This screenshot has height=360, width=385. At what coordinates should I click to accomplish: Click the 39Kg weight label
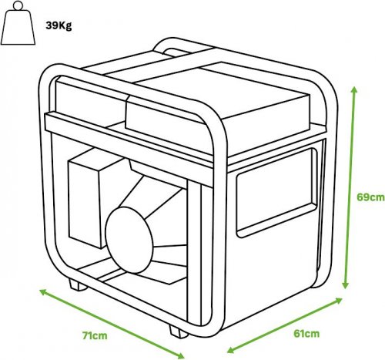59,25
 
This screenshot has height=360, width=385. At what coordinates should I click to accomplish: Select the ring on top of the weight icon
18,5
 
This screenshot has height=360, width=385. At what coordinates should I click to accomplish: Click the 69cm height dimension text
370,197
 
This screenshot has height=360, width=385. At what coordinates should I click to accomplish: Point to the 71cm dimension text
95,335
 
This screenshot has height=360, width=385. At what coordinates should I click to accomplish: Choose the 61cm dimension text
306,334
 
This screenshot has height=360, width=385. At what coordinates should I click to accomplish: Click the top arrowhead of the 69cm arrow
354,90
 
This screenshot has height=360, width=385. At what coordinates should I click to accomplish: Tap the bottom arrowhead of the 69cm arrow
346,284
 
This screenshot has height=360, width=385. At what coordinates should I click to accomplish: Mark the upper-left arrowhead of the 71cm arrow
42,291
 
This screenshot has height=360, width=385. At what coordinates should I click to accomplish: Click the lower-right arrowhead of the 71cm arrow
181,355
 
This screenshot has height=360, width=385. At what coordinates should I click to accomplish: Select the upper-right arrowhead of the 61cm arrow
339,300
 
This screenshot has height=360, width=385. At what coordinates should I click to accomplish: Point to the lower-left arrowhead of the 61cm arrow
231,350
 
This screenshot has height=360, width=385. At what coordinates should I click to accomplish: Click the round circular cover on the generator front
129,240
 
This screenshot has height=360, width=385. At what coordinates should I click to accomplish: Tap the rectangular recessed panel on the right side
276,193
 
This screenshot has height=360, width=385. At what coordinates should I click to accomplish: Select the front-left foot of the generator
78,284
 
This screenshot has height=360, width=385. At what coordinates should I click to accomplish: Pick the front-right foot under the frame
178,331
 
